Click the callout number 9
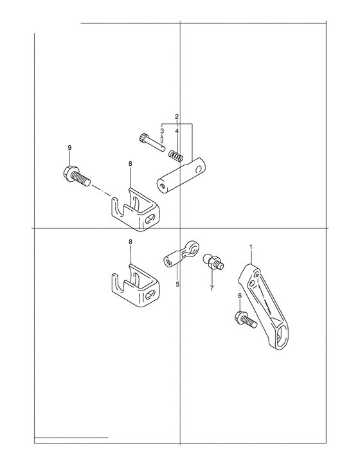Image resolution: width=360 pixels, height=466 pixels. click(x=69, y=148)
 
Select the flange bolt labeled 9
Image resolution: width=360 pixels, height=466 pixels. click(x=76, y=175)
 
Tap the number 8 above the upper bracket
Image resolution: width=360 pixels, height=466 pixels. click(x=130, y=164)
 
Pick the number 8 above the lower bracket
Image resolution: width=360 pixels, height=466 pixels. click(x=130, y=242)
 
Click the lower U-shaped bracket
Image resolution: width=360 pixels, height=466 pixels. click(x=136, y=285)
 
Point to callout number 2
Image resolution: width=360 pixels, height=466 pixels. click(x=177, y=116)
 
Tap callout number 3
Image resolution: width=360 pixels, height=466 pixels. click(x=162, y=130)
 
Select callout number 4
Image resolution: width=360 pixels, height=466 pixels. click(x=177, y=130)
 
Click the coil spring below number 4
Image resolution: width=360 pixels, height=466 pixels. click(x=176, y=156)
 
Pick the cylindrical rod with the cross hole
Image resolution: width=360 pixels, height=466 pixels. click(x=182, y=176)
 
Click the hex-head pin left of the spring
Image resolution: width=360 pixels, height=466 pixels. click(x=151, y=143)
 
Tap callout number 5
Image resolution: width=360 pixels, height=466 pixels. click(x=177, y=284)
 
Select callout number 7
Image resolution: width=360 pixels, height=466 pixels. click(x=212, y=288)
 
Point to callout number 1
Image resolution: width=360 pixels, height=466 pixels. click(x=251, y=247)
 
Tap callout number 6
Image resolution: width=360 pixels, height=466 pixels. click(x=240, y=296)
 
